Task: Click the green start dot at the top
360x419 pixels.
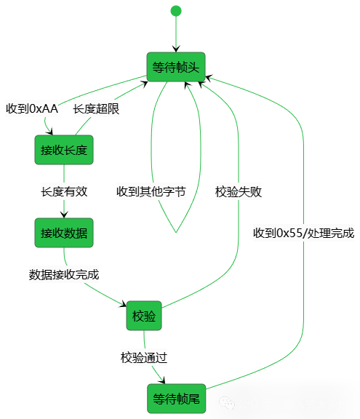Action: pyautogui.click(x=175, y=11)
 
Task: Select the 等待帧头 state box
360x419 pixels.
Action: pyautogui.click(x=175, y=68)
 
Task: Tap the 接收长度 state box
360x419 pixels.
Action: pyautogui.click(x=64, y=150)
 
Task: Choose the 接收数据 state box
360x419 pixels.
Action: pyautogui.click(x=64, y=233)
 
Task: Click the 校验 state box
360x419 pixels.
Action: pyautogui.click(x=143, y=316)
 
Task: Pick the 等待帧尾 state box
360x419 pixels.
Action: pyautogui.click(x=175, y=399)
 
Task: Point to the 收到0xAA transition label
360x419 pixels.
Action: pyautogui.click(x=31, y=109)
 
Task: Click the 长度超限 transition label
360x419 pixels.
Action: pyautogui.click(x=96, y=109)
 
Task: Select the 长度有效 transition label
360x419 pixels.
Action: pyautogui.click(x=64, y=192)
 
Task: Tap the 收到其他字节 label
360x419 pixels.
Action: pyautogui.click(x=151, y=192)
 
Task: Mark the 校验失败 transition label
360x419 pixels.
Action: pyautogui.click(x=239, y=192)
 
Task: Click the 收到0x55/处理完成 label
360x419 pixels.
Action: pyautogui.click(x=304, y=234)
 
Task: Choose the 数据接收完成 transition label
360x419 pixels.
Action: pyautogui.click(x=64, y=275)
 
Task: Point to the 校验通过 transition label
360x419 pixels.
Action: pyautogui.click(x=145, y=357)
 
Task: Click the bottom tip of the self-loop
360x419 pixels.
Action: pyautogui.click(x=175, y=232)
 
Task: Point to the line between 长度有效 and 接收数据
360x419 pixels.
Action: pyautogui.click(x=64, y=209)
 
